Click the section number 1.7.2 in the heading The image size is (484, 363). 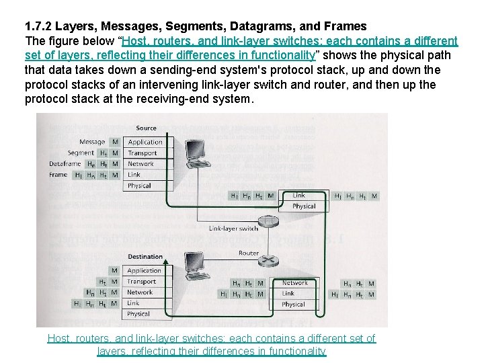pos(38,26)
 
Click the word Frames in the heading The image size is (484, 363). pos(344,26)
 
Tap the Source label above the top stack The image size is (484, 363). pos(146,128)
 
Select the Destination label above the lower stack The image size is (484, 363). pos(145,256)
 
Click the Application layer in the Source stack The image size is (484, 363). pos(145,142)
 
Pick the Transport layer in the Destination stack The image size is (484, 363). pos(141,282)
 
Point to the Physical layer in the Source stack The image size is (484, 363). pos(139,186)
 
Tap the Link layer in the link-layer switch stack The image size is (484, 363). pos(298,196)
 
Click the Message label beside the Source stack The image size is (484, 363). pos(92,142)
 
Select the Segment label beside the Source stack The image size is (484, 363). pos(81,153)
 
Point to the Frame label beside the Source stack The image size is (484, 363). pos(58,175)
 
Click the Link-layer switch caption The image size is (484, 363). pos(234,229)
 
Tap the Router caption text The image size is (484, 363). pos(249,253)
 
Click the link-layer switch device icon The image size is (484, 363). pos(268,220)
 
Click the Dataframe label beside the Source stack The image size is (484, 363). pos(65,164)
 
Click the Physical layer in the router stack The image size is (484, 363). pos(293,305)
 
